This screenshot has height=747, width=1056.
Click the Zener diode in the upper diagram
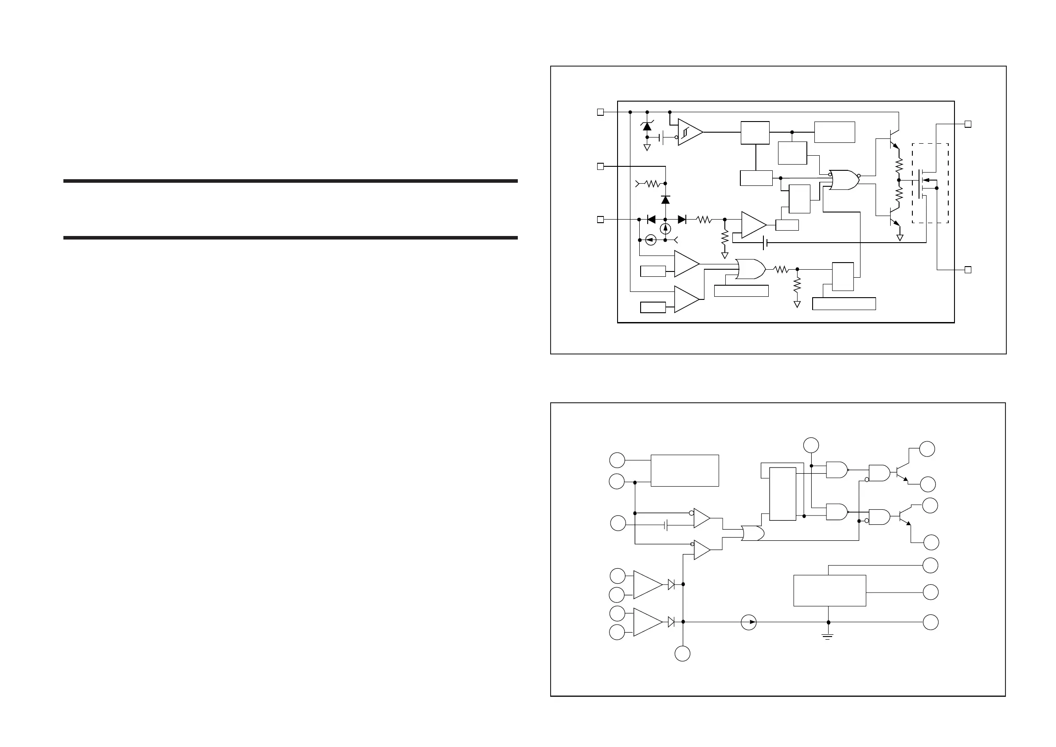pyautogui.click(x=647, y=126)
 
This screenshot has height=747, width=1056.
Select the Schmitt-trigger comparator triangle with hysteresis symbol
pyautogui.click(x=688, y=132)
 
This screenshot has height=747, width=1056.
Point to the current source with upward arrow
pyautogui.click(x=665, y=229)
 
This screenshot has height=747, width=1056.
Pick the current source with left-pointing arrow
pyautogui.click(x=650, y=240)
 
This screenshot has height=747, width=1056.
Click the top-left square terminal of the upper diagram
pyautogui.click(x=600, y=112)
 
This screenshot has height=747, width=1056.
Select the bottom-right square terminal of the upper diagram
pyautogui.click(x=968, y=270)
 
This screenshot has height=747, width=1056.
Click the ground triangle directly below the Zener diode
pyautogui.click(x=647, y=148)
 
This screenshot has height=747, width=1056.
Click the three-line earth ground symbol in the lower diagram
pyautogui.click(x=828, y=637)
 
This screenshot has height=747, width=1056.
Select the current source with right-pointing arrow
pyautogui.click(x=749, y=622)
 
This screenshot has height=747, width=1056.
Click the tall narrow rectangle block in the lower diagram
pyautogui.click(x=782, y=494)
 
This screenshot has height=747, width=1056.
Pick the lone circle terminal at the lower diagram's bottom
pyautogui.click(x=683, y=654)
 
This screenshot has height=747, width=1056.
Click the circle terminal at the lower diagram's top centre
pyautogui.click(x=811, y=445)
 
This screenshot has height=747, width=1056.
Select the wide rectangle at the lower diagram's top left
pyautogui.click(x=684, y=470)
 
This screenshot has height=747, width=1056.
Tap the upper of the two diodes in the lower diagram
pyautogui.click(x=671, y=585)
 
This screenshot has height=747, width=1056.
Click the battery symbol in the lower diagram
pyautogui.click(x=666, y=525)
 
